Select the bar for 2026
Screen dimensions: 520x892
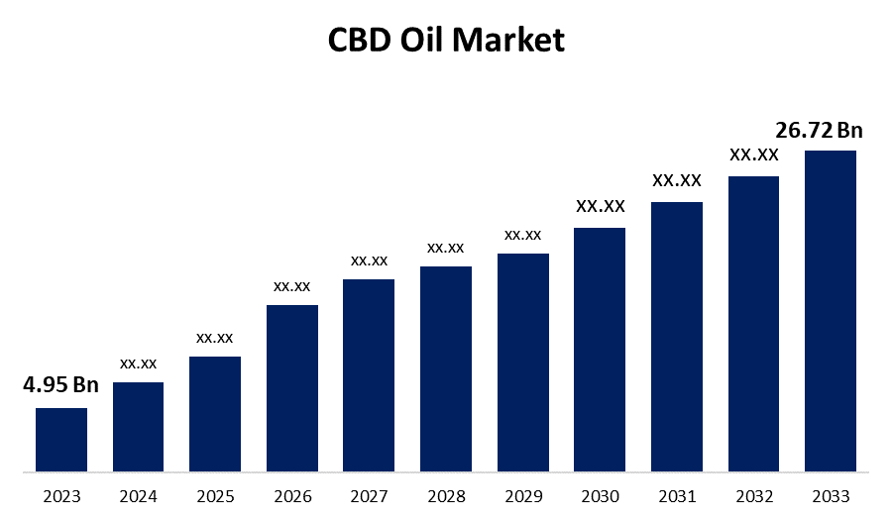click(x=292, y=387)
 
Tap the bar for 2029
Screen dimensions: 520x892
click(x=523, y=362)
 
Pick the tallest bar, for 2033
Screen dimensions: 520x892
click(x=831, y=310)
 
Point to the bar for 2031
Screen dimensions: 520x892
click(x=677, y=336)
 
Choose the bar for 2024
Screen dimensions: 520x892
click(x=139, y=426)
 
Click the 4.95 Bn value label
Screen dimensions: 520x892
click(x=61, y=385)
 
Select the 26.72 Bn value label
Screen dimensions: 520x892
click(x=820, y=130)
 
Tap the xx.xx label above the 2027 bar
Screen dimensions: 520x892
click(x=369, y=260)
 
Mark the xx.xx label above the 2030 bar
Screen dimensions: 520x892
click(x=601, y=206)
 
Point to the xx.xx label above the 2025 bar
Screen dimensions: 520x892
click(x=215, y=338)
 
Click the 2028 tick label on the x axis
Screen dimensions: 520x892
click(x=446, y=496)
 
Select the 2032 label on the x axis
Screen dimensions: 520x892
click(x=753, y=496)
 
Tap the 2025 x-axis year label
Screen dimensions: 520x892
click(x=215, y=496)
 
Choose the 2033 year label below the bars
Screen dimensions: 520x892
click(x=831, y=496)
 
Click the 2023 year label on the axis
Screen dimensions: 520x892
click(x=61, y=496)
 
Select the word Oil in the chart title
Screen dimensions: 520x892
click(x=424, y=40)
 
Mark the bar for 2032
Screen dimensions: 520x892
click(x=754, y=323)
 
